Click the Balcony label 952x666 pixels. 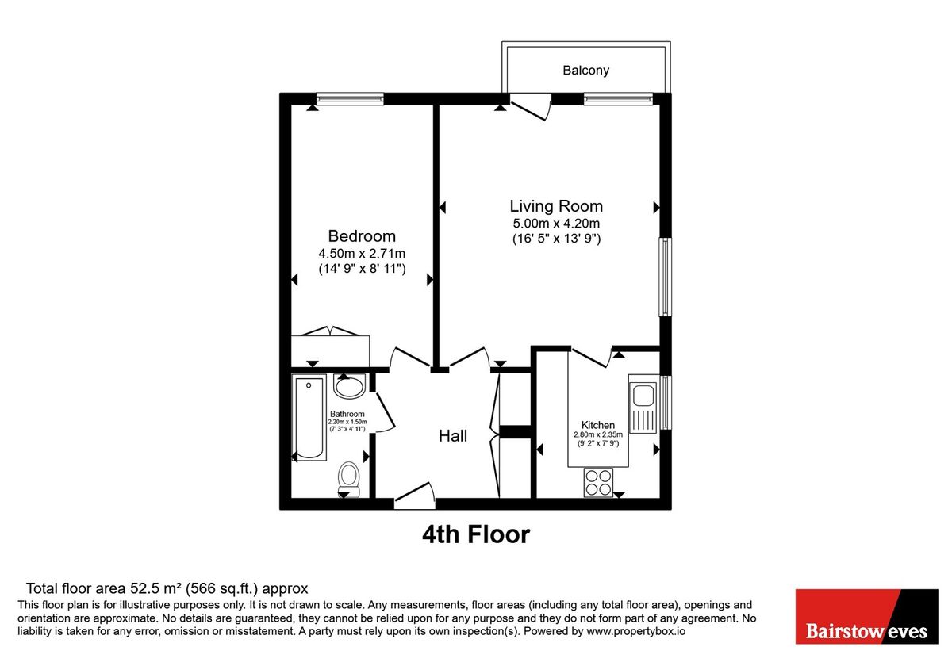pos(585,70)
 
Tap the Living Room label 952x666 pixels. pos(556,206)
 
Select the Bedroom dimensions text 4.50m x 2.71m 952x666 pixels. pos(362,254)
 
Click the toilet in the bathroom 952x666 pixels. pos(349,480)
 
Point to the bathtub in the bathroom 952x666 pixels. pos(309,418)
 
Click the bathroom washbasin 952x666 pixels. pos(349,386)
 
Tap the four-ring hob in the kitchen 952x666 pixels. pos(598,483)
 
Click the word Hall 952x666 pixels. pos(453,436)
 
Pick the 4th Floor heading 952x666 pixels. pos(476,534)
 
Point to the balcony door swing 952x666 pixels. pos(531,106)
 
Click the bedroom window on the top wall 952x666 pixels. pos(350,99)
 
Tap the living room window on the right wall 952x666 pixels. pos(665,277)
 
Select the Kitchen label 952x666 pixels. pos(597,425)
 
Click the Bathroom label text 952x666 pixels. pos(347,414)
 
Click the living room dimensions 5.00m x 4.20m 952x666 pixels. pos(556,224)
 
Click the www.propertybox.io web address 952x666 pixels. pos(635,631)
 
